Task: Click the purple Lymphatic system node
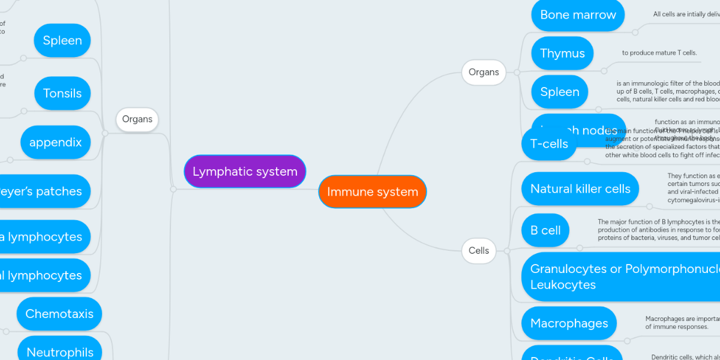245,172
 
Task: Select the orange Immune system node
372,192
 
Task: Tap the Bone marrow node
578,15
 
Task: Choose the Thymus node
562,53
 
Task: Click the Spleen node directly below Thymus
559,92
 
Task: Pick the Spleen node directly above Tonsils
62,41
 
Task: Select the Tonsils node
62,93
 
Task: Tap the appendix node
55,143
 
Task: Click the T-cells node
549,144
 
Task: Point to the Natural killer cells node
580,189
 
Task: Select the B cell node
545,230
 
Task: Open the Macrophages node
569,323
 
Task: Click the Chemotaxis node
59,314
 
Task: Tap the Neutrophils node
60,352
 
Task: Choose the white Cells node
478,251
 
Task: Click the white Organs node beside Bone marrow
484,72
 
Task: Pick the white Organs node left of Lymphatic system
137,119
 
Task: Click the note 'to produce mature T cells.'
659,53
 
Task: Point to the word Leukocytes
563,285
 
